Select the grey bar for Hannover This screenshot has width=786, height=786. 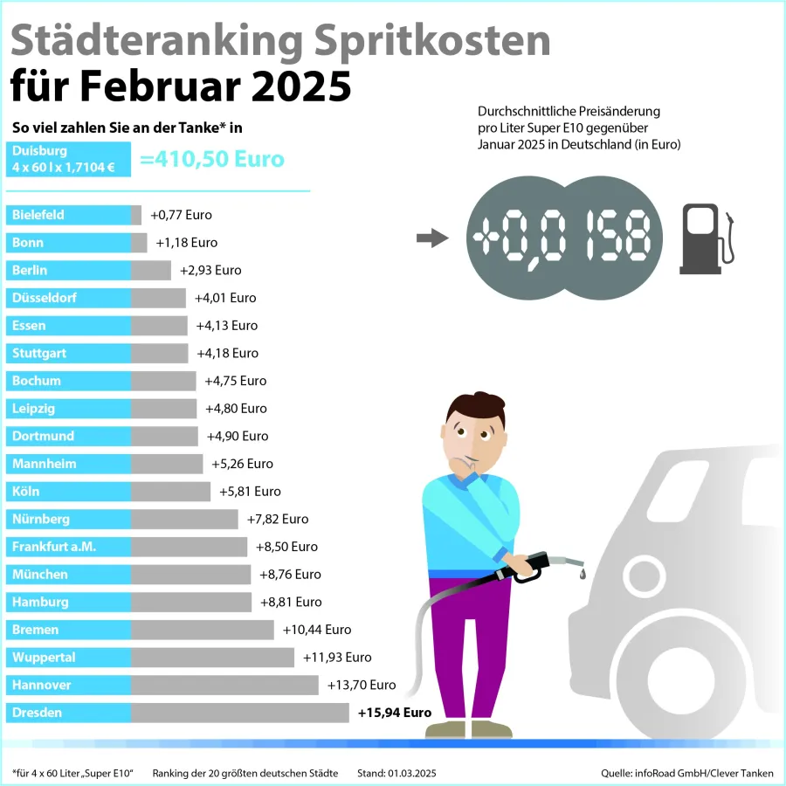click(224, 685)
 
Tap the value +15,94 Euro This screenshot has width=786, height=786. click(395, 713)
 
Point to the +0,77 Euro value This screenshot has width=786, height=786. click(181, 215)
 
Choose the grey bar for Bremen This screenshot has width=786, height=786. click(203, 630)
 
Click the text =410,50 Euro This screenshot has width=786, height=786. click(212, 160)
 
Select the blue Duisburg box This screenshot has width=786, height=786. click(68, 159)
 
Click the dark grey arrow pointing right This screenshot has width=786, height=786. click(431, 238)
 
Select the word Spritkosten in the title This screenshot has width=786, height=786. click(422, 42)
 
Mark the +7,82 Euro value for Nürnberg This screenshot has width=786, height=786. click(277, 519)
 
